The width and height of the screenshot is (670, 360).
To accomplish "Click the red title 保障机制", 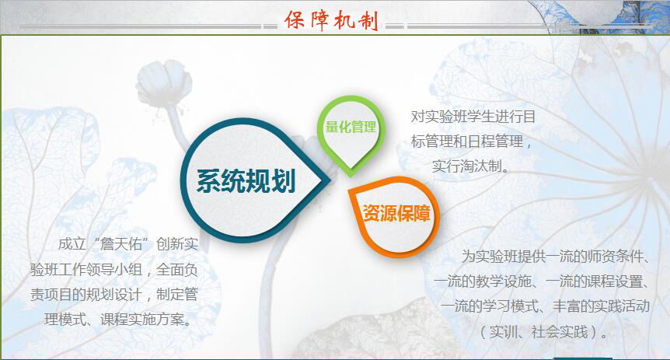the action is [332, 20].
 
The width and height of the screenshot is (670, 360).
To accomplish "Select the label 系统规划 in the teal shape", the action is [246, 181].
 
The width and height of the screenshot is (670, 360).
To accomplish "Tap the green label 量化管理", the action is [351, 127].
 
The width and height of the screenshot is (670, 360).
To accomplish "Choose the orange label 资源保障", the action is [396, 213].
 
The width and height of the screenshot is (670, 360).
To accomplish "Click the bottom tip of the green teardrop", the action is [351, 177].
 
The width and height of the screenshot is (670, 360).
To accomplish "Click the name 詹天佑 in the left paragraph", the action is [121, 244].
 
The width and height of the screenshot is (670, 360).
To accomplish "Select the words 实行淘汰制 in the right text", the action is [466, 166].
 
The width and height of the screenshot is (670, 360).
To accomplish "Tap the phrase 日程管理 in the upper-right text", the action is [496, 141].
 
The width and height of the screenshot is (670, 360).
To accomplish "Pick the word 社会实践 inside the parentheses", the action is [560, 331].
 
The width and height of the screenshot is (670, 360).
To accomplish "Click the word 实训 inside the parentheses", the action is [504, 331].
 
